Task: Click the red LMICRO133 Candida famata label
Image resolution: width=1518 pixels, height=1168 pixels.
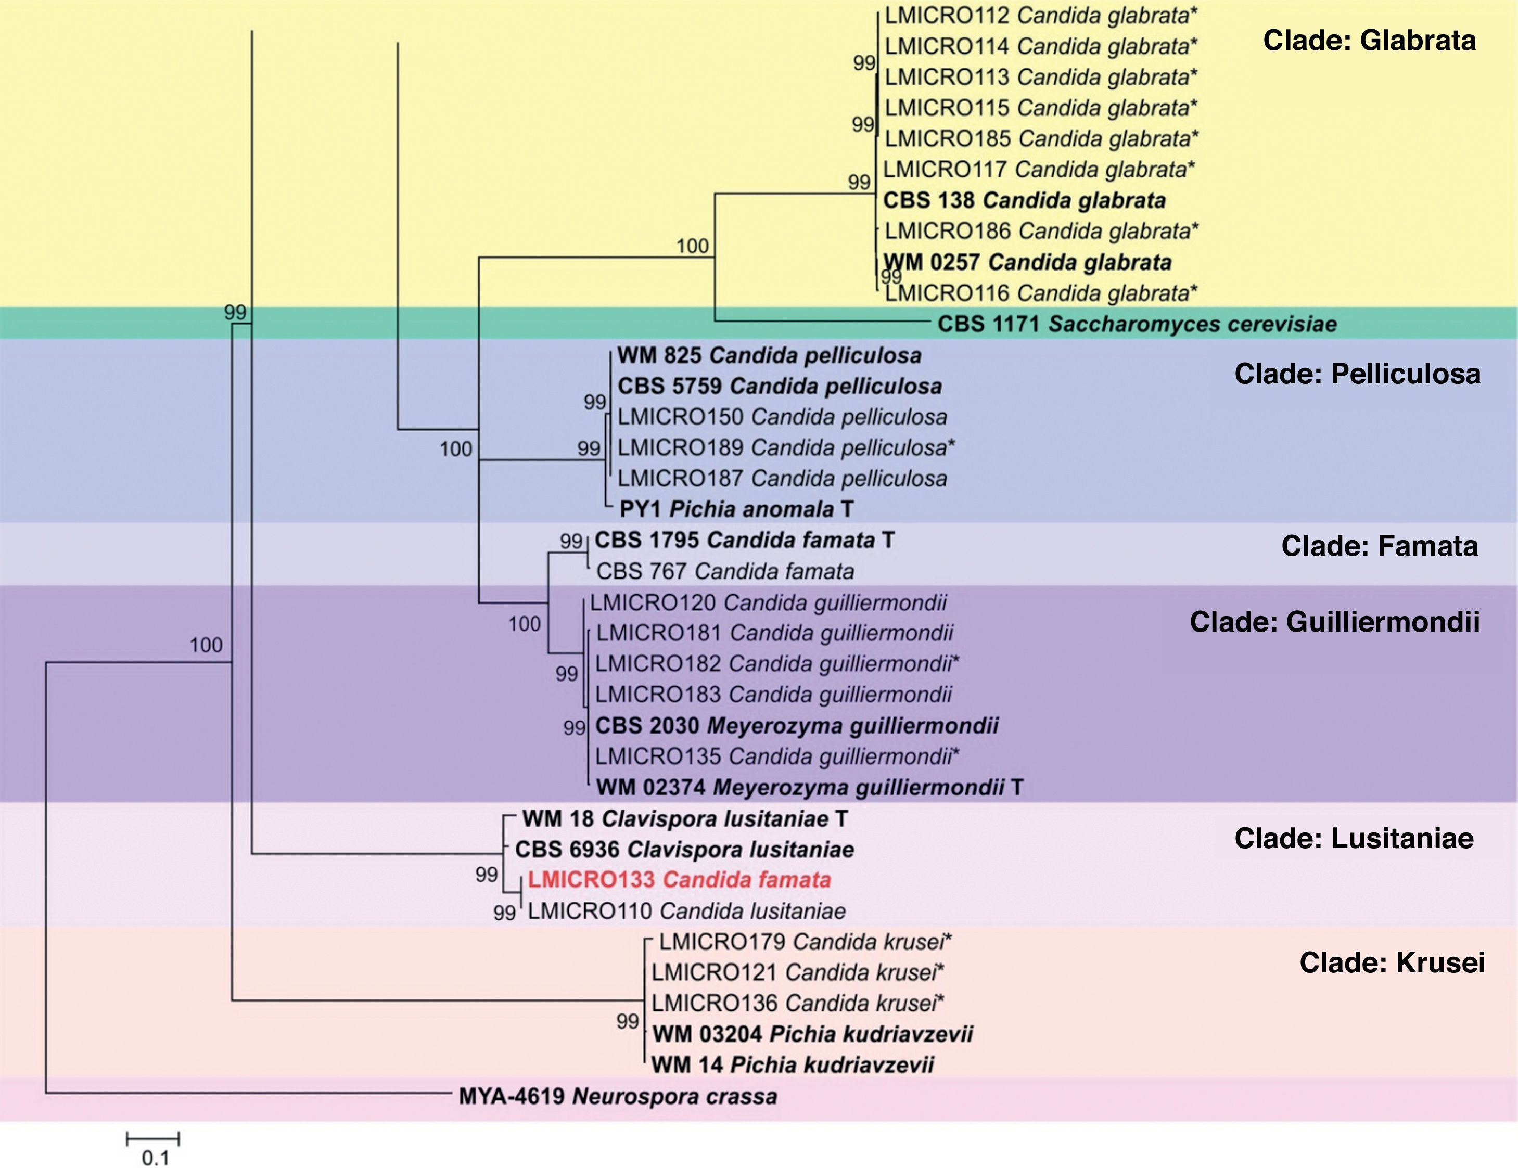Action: point(679,880)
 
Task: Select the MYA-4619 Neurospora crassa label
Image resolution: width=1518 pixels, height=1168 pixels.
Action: point(617,1096)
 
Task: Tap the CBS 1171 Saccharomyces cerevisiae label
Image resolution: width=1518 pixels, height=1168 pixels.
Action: point(1137,324)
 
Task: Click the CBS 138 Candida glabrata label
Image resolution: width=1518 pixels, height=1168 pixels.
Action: point(1024,200)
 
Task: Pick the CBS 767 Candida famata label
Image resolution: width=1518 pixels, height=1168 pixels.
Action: point(725,571)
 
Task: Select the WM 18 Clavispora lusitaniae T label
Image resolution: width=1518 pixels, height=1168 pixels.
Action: point(685,818)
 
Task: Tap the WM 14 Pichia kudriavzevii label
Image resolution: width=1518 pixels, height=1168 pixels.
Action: point(793,1064)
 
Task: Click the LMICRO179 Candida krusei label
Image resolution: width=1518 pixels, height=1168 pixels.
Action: point(805,942)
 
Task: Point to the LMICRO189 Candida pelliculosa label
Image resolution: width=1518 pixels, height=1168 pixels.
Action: point(785,447)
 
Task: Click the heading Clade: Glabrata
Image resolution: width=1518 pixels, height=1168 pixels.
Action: point(1369,40)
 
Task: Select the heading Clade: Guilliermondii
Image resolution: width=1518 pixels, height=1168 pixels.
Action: point(1334,622)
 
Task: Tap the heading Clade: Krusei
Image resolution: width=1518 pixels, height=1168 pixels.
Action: point(1392,963)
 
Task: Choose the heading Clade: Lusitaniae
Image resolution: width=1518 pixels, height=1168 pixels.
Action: point(1354,839)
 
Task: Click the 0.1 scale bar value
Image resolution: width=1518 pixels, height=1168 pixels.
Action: point(156,1158)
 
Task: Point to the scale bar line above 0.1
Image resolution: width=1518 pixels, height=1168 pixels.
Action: point(153,1139)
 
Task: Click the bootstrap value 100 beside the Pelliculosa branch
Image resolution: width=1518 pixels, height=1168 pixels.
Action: point(455,449)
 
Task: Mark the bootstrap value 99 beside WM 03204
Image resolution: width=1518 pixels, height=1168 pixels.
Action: point(627,1021)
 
